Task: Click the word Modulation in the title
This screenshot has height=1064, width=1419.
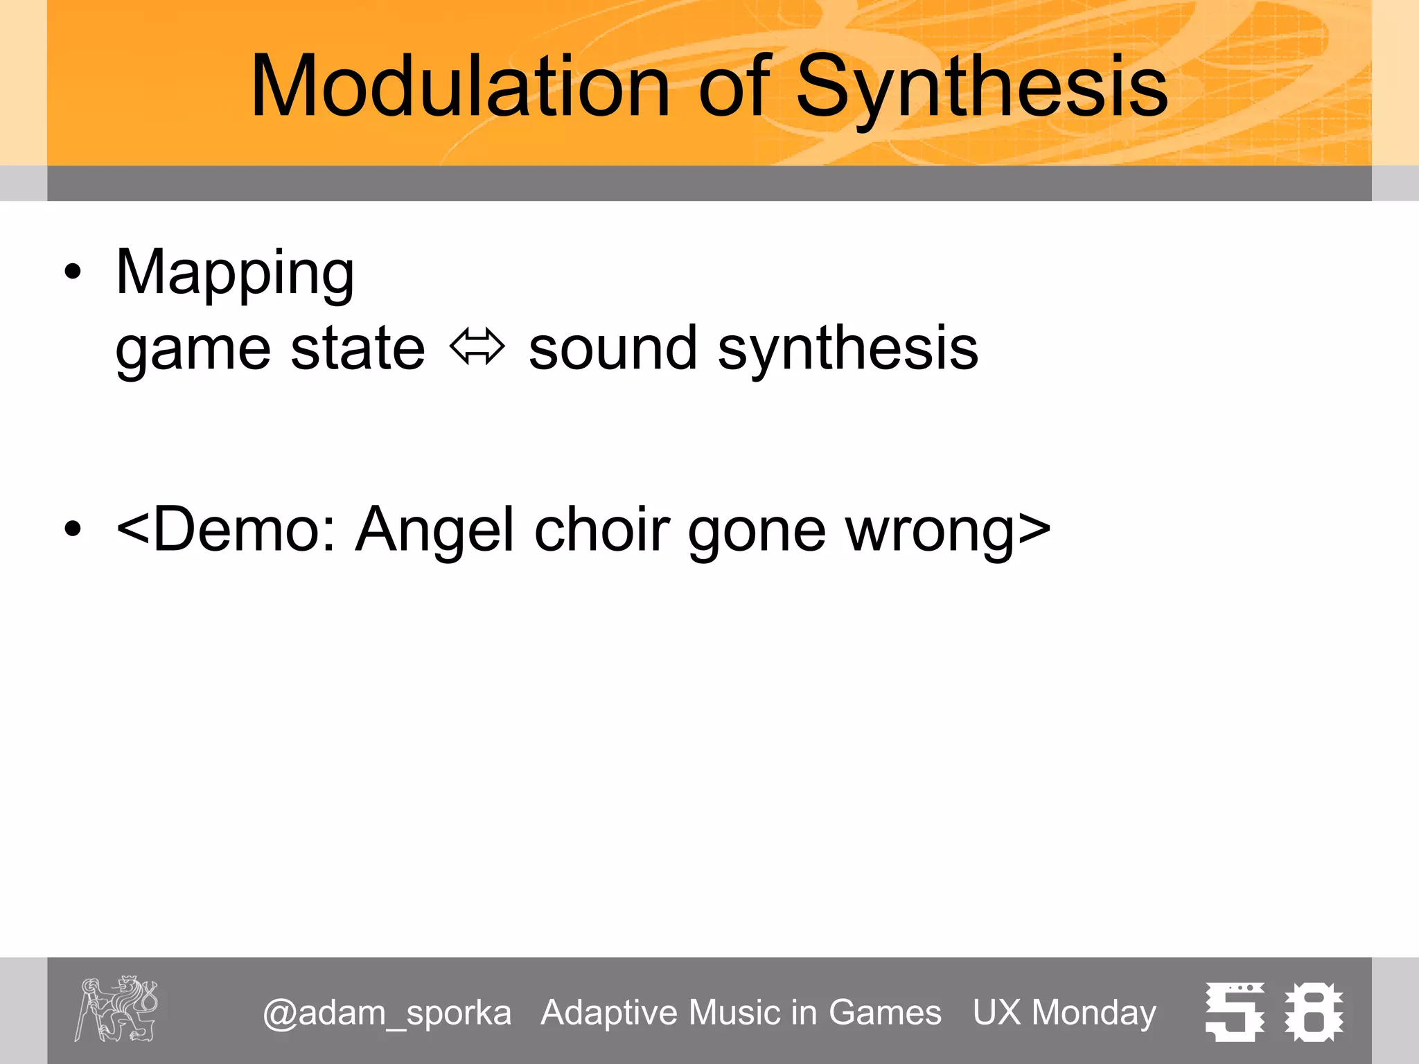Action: point(459,87)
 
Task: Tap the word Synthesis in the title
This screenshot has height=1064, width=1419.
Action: point(982,87)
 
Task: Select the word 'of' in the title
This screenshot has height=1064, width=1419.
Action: point(733,87)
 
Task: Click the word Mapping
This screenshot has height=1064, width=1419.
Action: point(235,273)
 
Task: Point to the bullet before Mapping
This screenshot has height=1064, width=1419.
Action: point(72,272)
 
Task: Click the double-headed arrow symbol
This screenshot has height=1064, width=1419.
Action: point(477,347)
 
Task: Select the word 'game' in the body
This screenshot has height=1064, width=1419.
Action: point(193,350)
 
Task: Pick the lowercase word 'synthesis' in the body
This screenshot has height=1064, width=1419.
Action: point(847,350)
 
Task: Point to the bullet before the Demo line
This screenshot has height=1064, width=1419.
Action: point(72,529)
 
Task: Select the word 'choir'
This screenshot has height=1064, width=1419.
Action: point(602,530)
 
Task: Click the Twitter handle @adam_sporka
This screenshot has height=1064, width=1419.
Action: point(387,1013)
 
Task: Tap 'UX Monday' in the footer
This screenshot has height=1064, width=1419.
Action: point(1064,1013)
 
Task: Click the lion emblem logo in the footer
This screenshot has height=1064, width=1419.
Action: point(116,1009)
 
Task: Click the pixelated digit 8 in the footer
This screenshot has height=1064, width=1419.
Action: point(1313,1012)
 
